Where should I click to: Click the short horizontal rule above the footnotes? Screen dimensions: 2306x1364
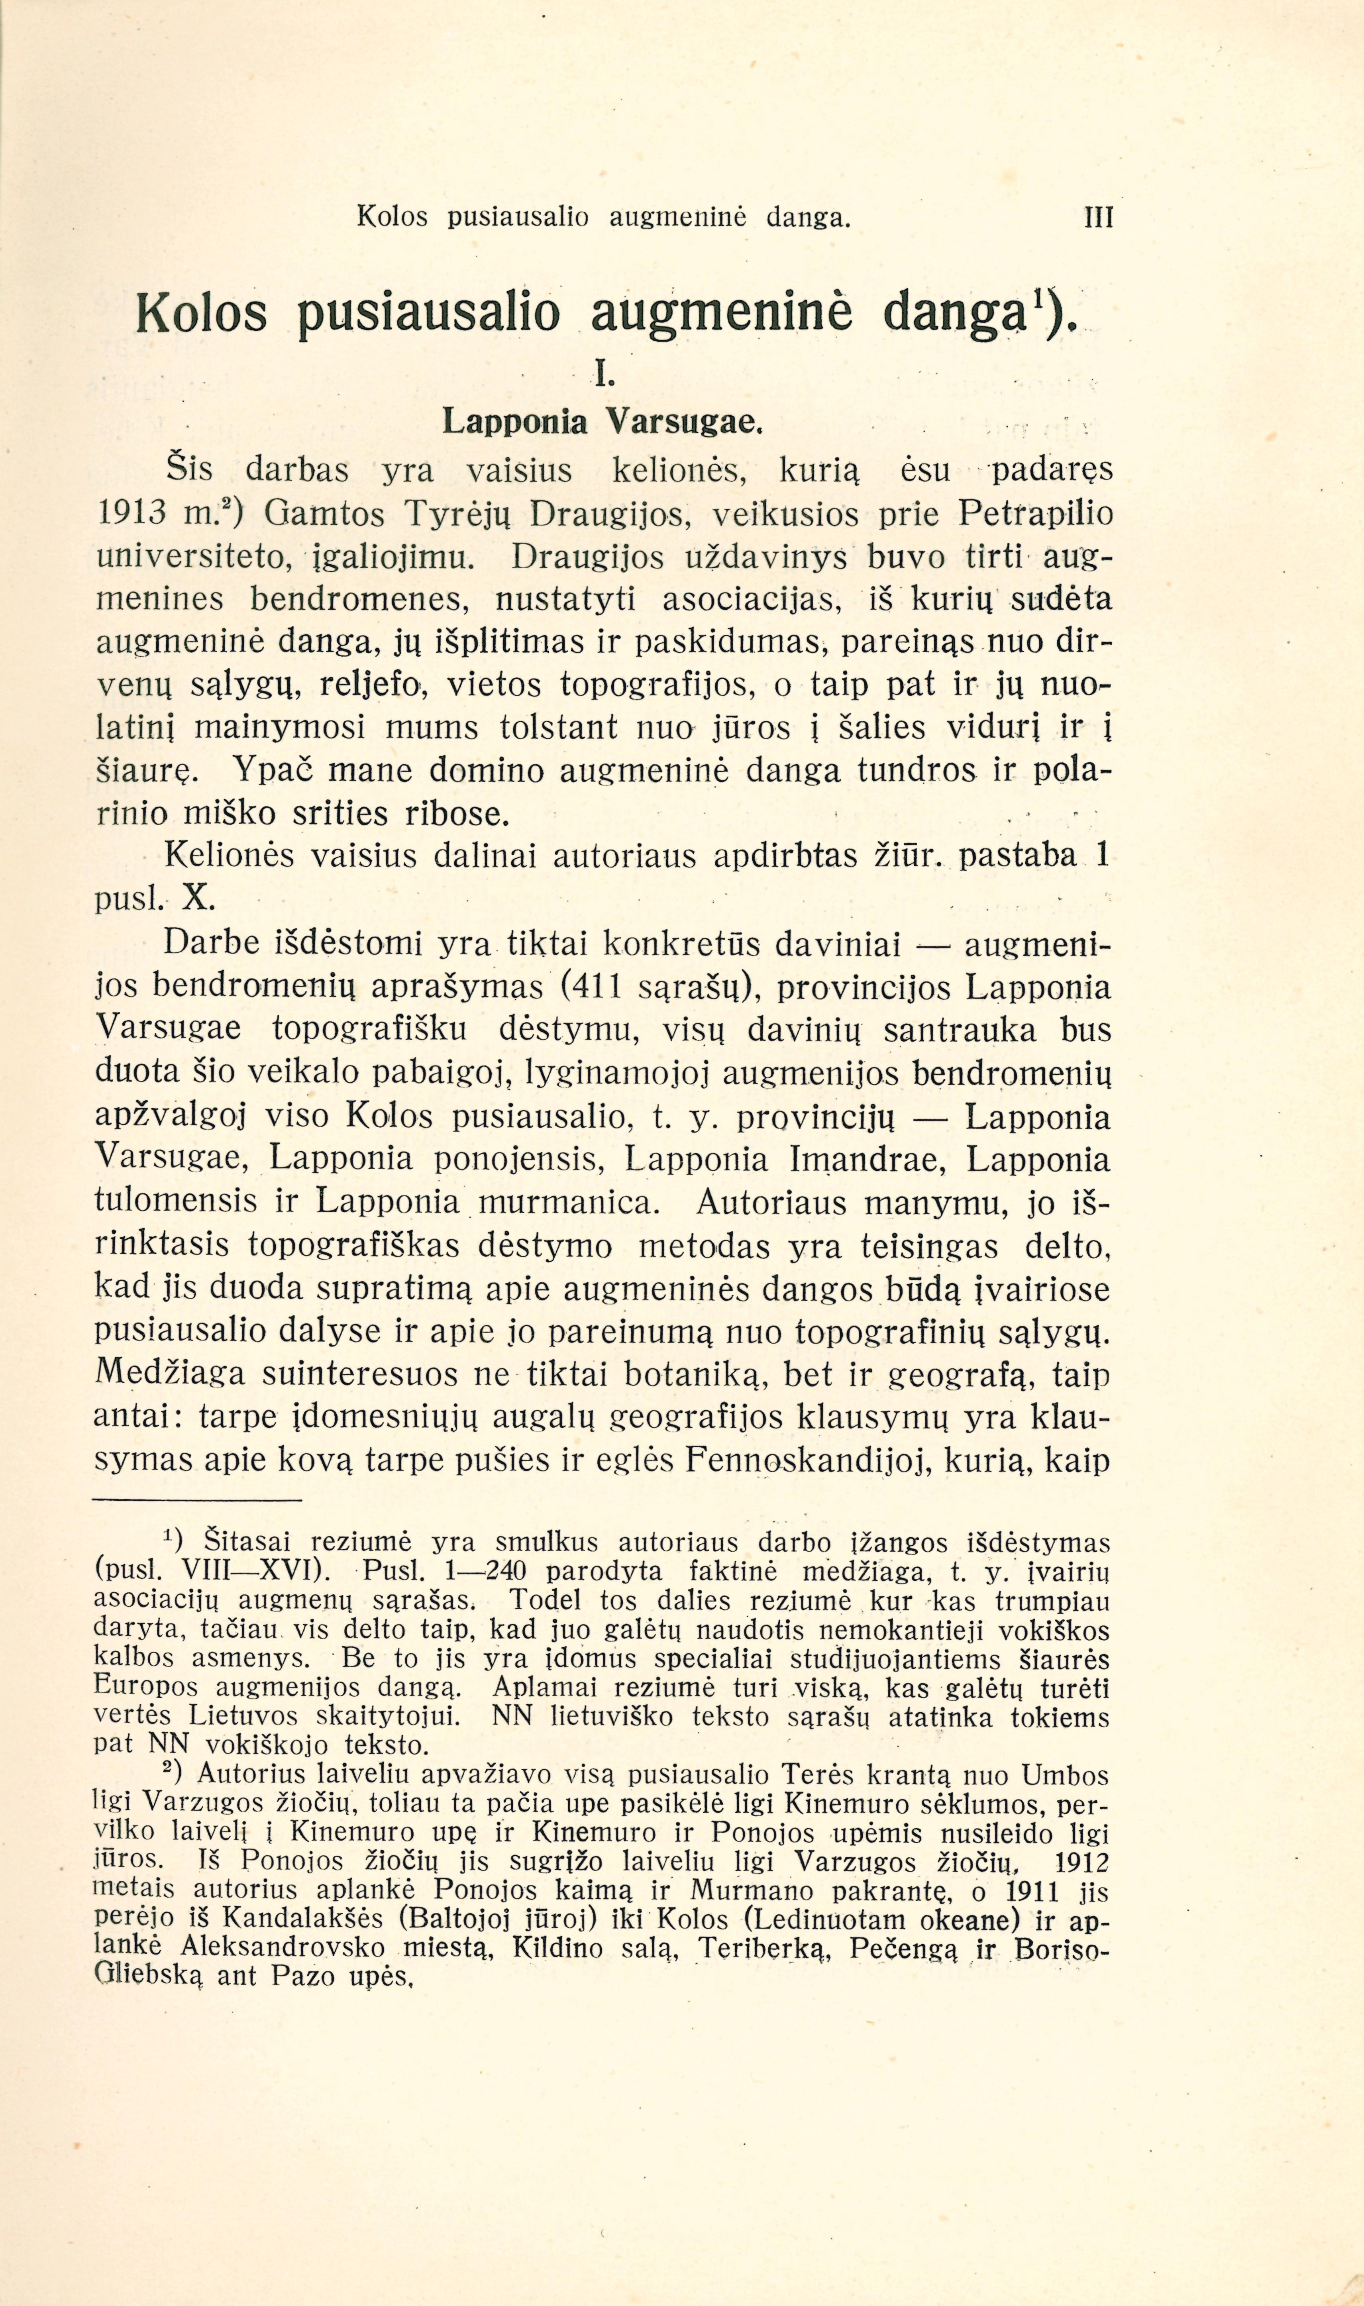[198, 1501]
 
